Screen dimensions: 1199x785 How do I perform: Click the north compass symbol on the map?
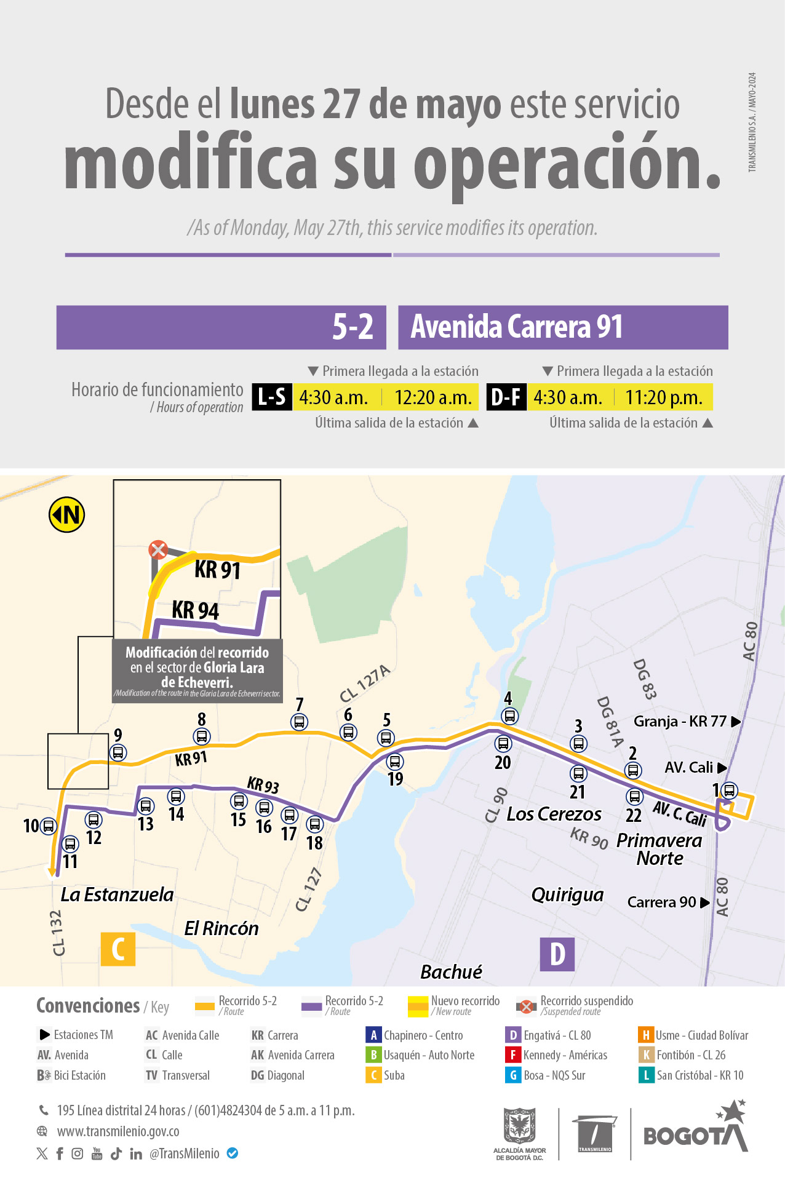point(66,515)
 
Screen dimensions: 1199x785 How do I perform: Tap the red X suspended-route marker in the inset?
point(158,549)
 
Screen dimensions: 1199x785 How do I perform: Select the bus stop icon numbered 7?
point(299,722)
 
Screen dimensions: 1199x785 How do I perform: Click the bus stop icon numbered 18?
point(314,824)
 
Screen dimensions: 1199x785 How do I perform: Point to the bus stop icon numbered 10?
point(48,826)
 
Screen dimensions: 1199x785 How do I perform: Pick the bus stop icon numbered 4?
point(509,716)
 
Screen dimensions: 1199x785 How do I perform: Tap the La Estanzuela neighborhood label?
point(117,894)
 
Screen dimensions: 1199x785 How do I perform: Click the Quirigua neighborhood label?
point(567,895)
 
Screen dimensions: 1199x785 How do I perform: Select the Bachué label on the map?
point(451,972)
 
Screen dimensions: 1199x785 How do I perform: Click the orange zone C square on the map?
point(118,949)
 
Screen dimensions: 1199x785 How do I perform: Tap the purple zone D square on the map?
point(557,954)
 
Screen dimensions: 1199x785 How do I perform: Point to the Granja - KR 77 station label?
point(680,722)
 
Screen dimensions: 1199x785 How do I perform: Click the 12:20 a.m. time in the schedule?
point(432,397)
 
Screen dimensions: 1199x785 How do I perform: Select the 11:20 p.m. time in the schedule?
point(664,397)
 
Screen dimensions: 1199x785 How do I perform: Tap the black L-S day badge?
point(272,397)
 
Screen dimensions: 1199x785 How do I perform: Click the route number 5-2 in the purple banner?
point(353,327)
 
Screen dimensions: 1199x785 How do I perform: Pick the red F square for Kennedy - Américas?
point(513,1055)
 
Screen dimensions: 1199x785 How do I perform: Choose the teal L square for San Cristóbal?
point(646,1075)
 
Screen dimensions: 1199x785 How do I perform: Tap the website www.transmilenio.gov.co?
point(118,1131)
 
